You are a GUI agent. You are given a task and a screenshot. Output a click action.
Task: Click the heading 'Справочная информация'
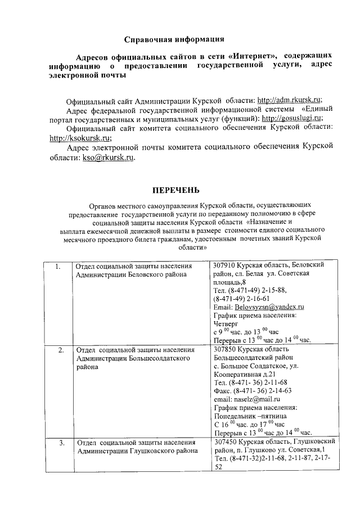click(174, 39)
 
